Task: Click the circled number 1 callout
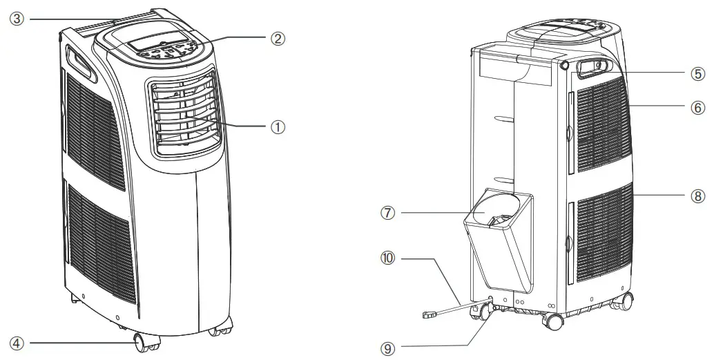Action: point(277,126)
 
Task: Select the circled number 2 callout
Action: point(277,39)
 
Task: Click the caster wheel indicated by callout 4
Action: point(142,342)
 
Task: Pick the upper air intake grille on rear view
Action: point(600,124)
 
